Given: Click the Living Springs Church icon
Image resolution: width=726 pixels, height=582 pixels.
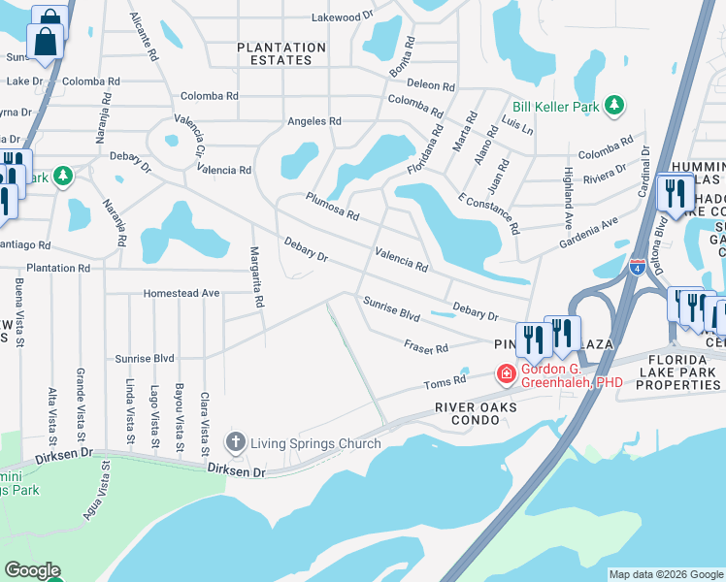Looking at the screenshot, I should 235,443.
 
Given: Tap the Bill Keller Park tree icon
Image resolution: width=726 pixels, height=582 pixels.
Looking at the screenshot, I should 613,105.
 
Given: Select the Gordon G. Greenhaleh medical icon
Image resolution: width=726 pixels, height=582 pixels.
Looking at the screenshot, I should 506,373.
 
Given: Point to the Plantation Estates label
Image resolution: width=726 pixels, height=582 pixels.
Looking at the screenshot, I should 281,53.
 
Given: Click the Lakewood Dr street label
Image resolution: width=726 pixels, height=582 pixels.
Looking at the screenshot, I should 342,16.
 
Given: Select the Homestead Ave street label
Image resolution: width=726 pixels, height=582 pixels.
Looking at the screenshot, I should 181,293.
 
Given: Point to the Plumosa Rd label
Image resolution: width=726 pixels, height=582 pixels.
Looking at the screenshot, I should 332,206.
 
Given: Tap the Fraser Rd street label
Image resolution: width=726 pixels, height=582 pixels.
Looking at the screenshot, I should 426,346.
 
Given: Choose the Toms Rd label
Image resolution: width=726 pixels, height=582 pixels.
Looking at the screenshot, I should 439,385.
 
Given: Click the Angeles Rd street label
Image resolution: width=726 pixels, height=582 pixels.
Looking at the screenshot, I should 313,121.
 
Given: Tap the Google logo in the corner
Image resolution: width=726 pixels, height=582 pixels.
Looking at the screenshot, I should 32,571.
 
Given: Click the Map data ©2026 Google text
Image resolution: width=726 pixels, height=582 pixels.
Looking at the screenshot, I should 666,574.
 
